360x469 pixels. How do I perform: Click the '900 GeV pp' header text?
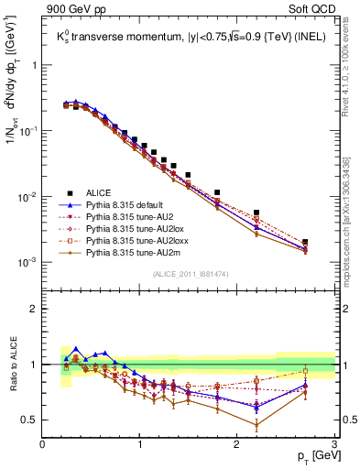tap(71, 10)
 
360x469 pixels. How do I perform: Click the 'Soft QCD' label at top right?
tap(311, 10)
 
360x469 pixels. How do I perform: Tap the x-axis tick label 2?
tap(237, 445)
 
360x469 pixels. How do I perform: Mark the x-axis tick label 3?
tap(334, 445)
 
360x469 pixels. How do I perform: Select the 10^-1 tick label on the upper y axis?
tap(27, 131)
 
